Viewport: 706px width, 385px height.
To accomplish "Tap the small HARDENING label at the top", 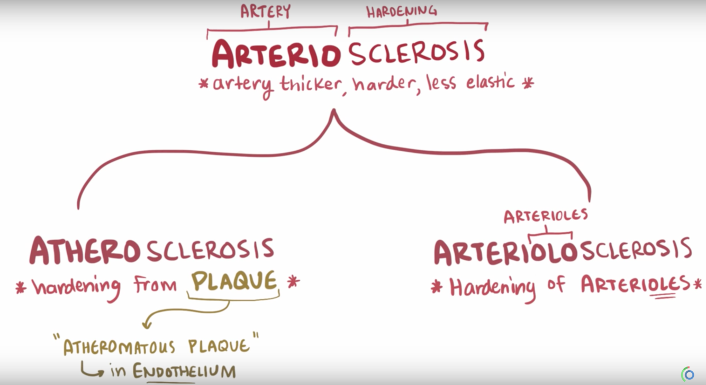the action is (402, 12).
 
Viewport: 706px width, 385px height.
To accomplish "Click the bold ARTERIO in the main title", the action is (275, 54).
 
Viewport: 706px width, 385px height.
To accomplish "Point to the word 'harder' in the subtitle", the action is (383, 84).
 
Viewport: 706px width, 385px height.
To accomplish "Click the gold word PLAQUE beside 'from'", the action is (234, 281).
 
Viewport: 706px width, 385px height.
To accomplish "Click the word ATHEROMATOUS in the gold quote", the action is (119, 347).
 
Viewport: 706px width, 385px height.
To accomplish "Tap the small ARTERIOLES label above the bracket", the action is (546, 216).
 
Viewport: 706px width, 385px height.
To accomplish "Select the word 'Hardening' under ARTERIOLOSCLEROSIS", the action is (492, 287).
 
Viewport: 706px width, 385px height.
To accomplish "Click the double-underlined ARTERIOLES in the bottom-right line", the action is (635, 285).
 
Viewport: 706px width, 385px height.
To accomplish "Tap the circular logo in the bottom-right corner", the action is (688, 374).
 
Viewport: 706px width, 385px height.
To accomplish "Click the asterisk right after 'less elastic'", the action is (528, 82).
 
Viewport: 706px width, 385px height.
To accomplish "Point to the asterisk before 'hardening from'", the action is (21, 287).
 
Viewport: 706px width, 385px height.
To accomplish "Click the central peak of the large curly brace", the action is (333, 112).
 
